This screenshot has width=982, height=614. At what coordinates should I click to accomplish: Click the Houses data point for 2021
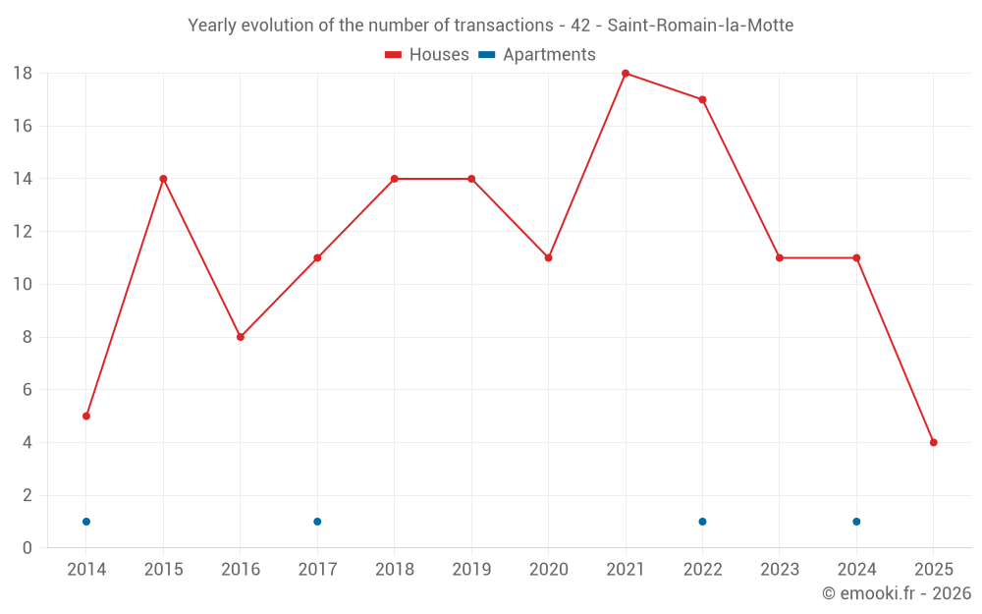tap(626, 74)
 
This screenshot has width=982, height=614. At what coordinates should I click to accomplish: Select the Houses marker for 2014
tap(86, 416)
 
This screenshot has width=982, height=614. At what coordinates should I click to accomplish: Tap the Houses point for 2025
tap(933, 442)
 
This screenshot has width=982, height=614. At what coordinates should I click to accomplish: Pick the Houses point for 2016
tap(241, 337)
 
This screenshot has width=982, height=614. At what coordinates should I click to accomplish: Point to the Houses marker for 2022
tap(702, 99)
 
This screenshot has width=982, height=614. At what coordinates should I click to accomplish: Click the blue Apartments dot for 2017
tap(317, 522)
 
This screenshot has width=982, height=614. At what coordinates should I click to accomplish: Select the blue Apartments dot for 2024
tap(856, 522)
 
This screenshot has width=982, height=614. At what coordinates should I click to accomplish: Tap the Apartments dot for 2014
tap(86, 522)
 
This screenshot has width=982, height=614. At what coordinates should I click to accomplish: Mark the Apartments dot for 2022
tap(702, 522)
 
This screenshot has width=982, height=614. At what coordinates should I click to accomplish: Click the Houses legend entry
tap(427, 55)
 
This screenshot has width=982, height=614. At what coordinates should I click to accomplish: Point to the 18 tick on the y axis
tap(23, 74)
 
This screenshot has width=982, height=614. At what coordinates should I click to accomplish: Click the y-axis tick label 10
tap(23, 285)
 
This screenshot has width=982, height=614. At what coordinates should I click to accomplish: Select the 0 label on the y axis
tap(27, 548)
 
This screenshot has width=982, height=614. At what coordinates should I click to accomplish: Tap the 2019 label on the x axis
tap(471, 570)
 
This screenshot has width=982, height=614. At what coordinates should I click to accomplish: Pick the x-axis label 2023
tap(780, 570)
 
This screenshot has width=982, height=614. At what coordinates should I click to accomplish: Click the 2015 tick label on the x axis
tap(163, 570)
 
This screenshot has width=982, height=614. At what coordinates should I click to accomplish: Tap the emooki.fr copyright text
tap(897, 593)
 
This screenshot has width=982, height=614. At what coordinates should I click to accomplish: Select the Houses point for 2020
tap(548, 257)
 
